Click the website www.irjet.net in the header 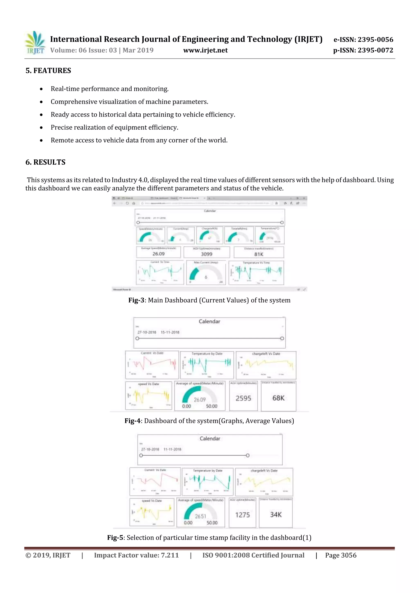point(205,50)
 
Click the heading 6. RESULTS point(45,162)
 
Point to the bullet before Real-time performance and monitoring point(41,89)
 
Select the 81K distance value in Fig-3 point(259,254)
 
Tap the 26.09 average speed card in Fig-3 point(158,254)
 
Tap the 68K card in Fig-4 point(278,398)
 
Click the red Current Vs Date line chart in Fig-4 point(152,365)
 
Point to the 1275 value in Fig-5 point(242,515)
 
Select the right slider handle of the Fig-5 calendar point(248,455)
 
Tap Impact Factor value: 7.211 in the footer point(136,555)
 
